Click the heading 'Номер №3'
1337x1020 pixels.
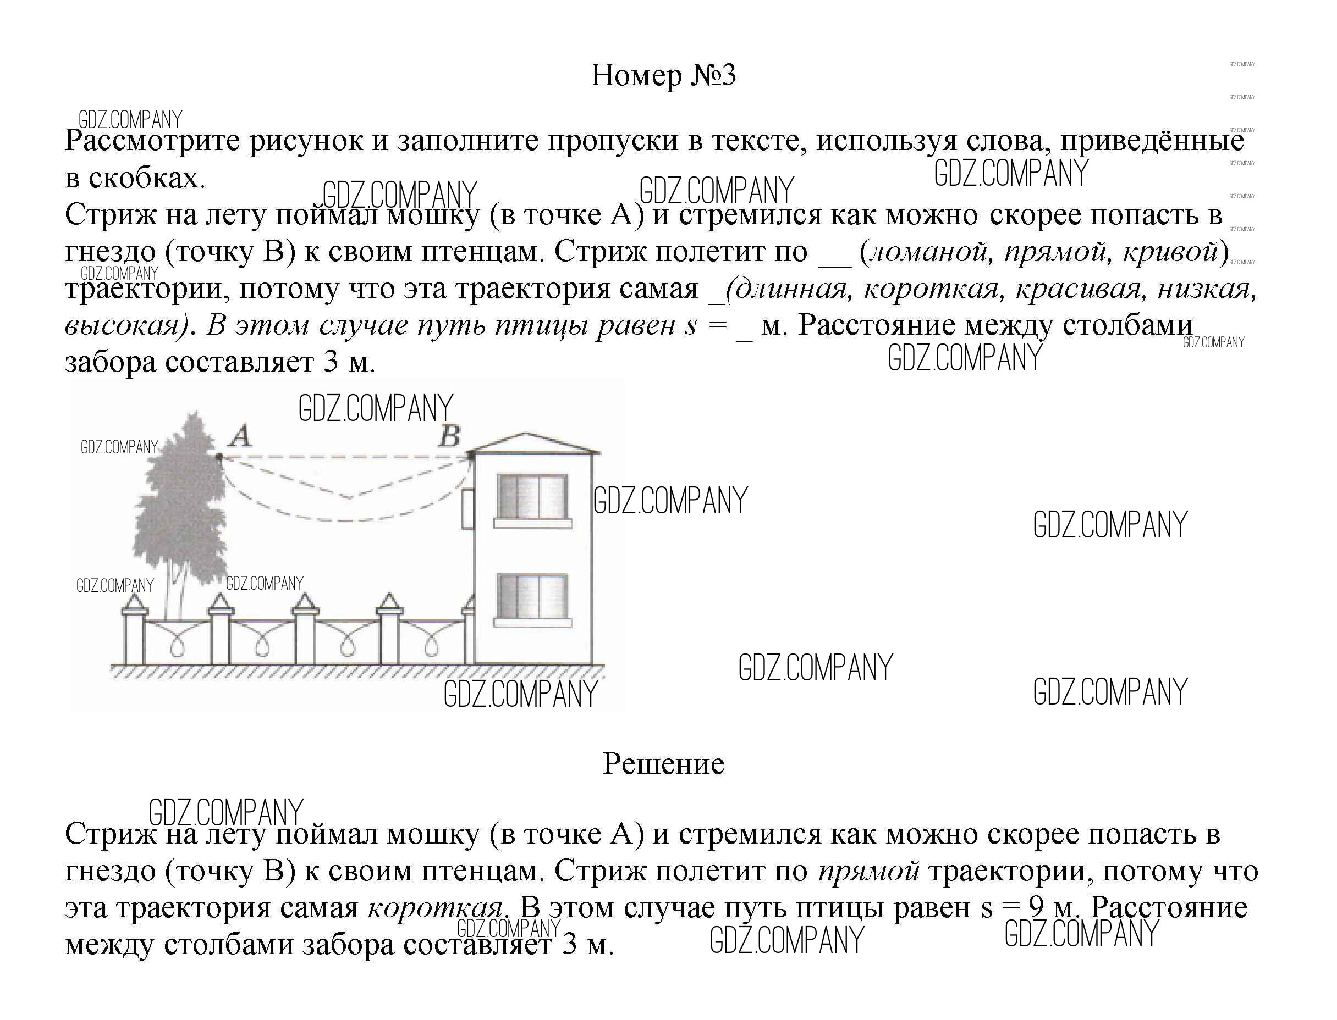coord(663,76)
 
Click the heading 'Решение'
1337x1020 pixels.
coord(663,764)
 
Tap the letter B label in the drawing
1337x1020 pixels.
coord(449,435)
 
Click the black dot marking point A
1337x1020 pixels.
coord(219,456)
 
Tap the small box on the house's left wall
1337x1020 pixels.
coord(467,509)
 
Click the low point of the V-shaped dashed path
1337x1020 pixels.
coord(350,498)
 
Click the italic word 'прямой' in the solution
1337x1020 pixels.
coord(868,872)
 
